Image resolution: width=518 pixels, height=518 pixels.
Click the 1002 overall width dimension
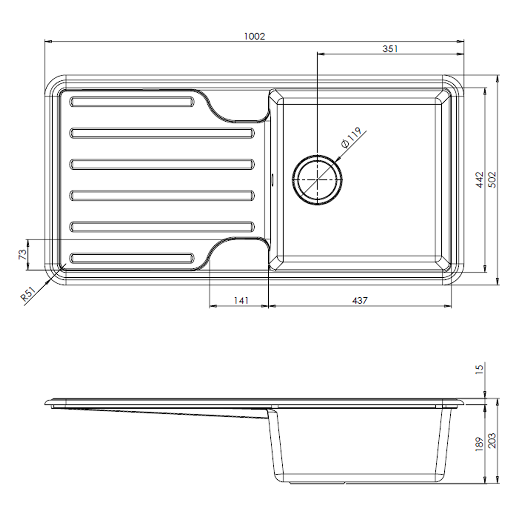tap(255, 36)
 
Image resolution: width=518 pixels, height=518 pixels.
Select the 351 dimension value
tap(390, 49)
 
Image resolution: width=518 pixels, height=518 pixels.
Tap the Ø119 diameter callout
tap(351, 137)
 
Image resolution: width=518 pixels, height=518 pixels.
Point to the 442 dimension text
tap(480, 180)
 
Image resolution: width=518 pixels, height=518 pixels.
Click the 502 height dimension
tap(493, 180)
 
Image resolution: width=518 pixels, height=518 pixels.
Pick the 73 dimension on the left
tap(22, 255)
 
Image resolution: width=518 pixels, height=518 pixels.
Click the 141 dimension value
tap(241, 300)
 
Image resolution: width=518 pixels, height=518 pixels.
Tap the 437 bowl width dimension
tap(359, 300)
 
